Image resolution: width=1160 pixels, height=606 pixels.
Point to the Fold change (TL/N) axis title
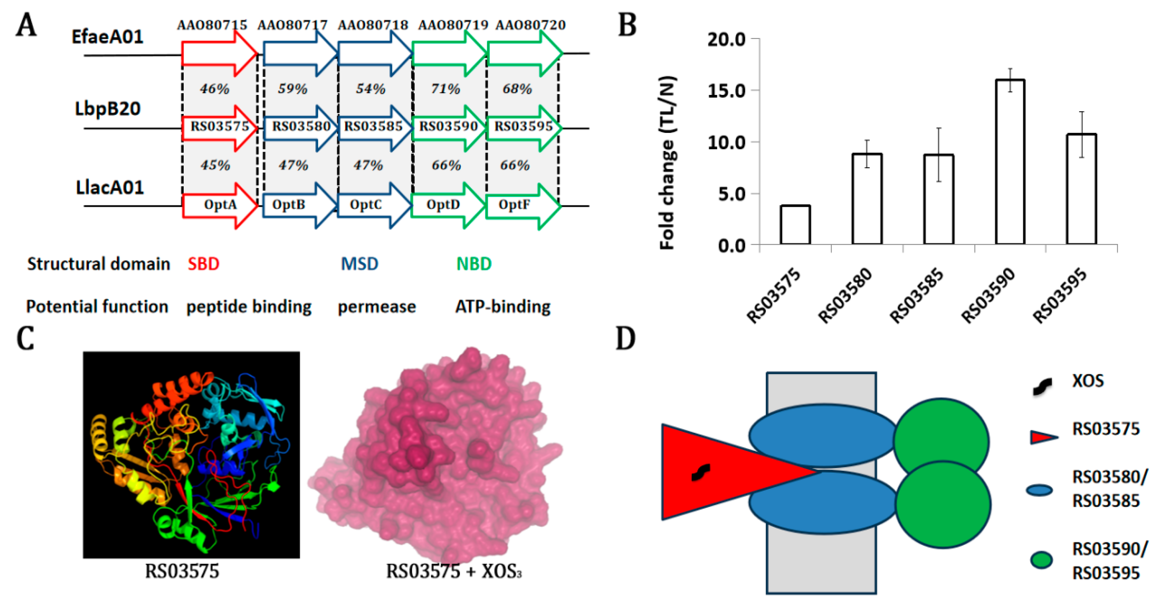point(667,162)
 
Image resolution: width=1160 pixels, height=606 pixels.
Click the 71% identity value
point(446,89)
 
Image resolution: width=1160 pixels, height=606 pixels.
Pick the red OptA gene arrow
point(220,205)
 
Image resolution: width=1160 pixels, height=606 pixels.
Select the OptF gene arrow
point(522,205)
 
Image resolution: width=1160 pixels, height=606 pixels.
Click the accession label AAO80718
point(373,25)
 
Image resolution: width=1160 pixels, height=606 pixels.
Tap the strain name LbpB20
point(108,109)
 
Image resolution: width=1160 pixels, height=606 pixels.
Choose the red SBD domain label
point(203,264)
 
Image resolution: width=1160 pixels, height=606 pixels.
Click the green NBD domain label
point(474,264)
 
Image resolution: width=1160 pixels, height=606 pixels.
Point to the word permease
point(377,307)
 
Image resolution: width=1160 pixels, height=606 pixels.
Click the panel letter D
point(626,339)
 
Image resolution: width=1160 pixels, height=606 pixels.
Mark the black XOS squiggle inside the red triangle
point(701,472)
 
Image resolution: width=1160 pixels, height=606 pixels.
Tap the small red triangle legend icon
point(1043,437)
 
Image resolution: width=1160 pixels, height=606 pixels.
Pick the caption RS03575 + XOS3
point(454,571)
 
